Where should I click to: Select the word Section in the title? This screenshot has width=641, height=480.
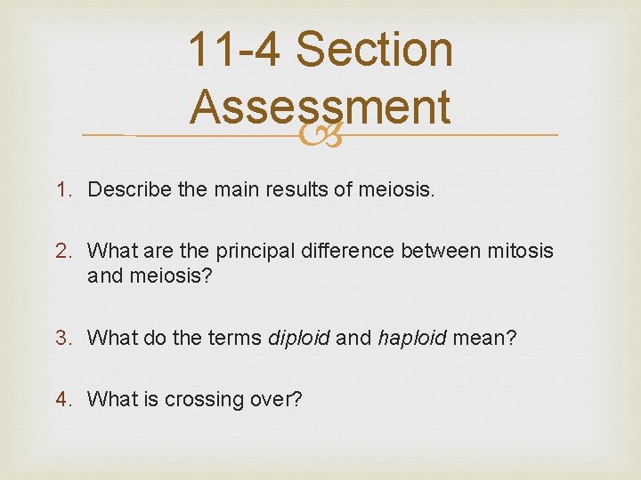pyautogui.click(x=374, y=50)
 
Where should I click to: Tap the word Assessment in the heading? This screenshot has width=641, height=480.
pyautogui.click(x=320, y=107)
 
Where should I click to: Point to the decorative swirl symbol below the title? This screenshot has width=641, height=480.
pyautogui.click(x=320, y=136)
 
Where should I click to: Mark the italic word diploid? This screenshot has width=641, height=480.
pyautogui.click(x=298, y=338)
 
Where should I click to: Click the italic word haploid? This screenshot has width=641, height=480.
pyautogui.click(x=412, y=338)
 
